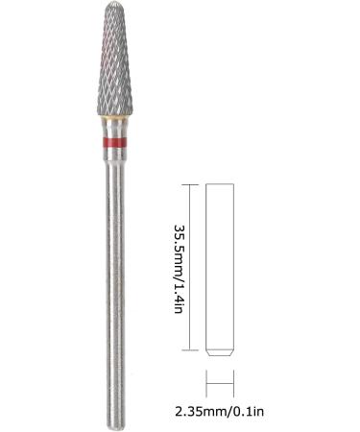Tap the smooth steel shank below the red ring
tap(114, 278)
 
